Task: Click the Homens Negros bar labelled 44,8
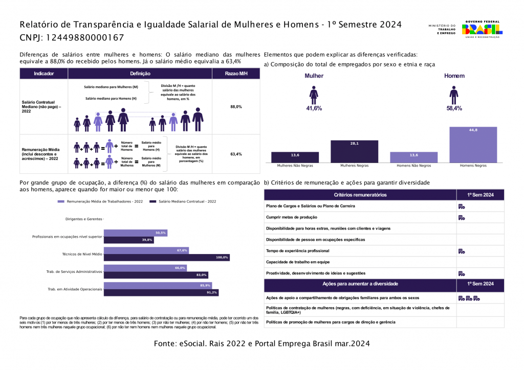473,145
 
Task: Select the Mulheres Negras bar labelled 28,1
354,151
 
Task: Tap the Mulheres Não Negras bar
295,157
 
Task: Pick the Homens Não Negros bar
413,157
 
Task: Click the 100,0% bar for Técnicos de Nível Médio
166,257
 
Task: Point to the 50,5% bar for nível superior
135,233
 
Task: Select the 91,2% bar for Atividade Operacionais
161,292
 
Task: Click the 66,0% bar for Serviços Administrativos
145,268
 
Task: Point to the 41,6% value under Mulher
314,108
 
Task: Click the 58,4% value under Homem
454,108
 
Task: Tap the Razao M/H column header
236,74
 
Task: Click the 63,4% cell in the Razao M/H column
236,154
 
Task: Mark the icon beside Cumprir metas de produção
461,218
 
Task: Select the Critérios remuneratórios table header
360,195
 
